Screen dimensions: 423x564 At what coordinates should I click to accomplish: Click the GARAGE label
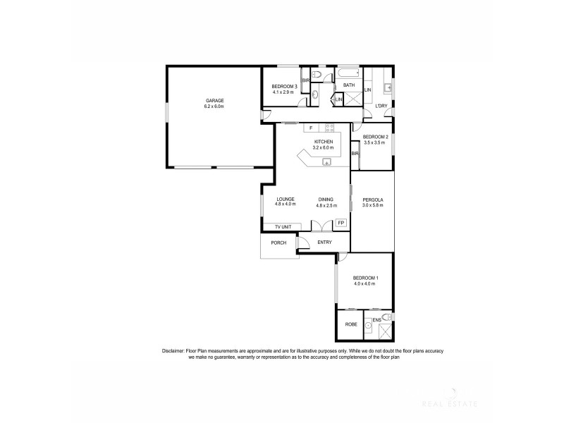[214, 101]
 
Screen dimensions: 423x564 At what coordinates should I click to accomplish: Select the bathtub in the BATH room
[348, 73]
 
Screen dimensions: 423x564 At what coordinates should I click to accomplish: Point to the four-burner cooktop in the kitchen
[329, 128]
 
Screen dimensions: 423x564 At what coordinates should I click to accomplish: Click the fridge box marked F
[311, 128]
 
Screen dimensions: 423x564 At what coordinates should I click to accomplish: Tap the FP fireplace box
[341, 223]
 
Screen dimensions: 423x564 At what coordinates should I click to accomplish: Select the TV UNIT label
[283, 226]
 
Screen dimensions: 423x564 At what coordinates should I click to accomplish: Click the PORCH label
[278, 243]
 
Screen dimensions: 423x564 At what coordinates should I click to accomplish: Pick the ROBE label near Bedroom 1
[350, 324]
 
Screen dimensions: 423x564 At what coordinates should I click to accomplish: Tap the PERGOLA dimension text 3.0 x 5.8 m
[372, 206]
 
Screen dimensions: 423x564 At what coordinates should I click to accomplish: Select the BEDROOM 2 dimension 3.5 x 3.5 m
[374, 142]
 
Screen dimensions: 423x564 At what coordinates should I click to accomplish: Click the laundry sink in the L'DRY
[388, 87]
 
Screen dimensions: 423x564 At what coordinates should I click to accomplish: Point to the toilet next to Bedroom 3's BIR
[317, 74]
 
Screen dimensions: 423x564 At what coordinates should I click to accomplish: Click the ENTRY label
[324, 243]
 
